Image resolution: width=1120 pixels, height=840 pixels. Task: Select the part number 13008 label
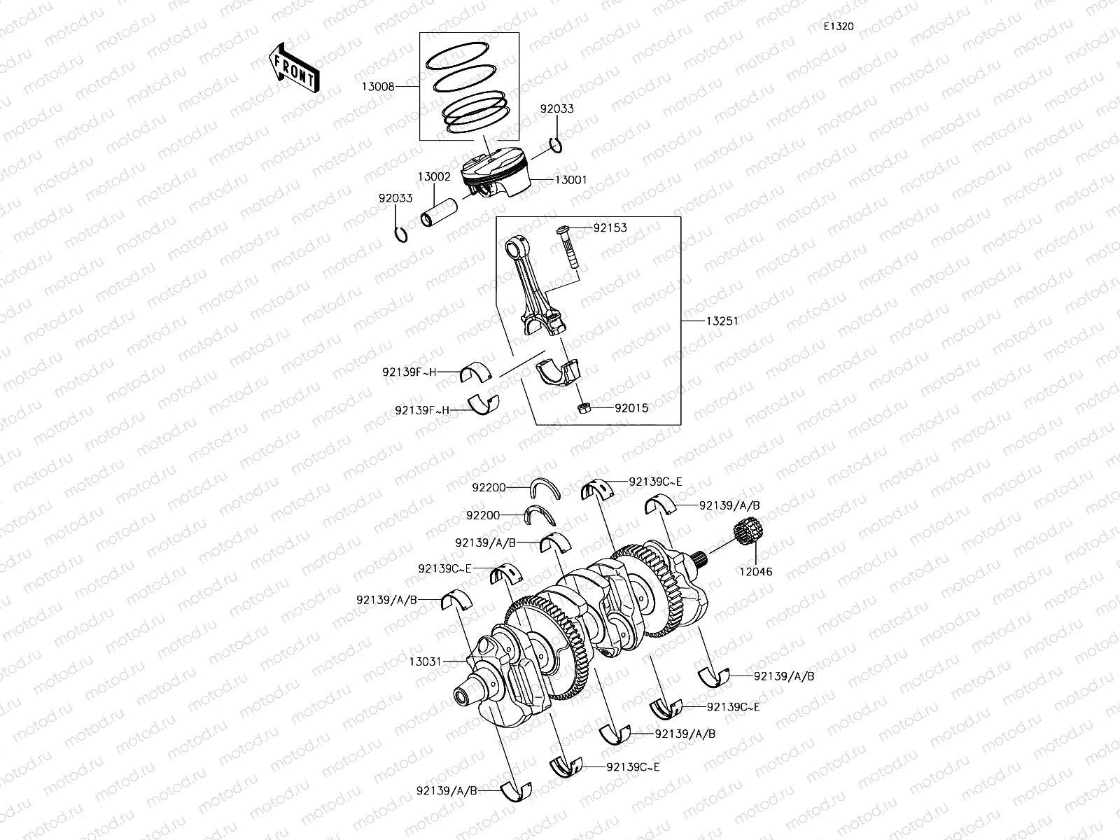(x=378, y=87)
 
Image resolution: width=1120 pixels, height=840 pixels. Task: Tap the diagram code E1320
(x=838, y=27)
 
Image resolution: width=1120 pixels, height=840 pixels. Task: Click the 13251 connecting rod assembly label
(x=722, y=321)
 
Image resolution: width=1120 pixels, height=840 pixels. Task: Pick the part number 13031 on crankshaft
(x=425, y=660)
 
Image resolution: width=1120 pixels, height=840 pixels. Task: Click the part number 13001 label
(x=570, y=180)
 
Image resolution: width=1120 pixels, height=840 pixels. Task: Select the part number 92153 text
(x=610, y=228)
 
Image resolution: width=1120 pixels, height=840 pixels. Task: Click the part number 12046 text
(x=755, y=571)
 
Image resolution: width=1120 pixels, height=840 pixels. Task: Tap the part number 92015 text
(x=631, y=408)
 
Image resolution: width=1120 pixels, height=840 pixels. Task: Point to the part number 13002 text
(x=434, y=177)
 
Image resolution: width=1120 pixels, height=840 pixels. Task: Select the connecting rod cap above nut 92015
(x=562, y=371)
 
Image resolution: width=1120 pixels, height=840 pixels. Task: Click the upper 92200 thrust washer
(x=545, y=486)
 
